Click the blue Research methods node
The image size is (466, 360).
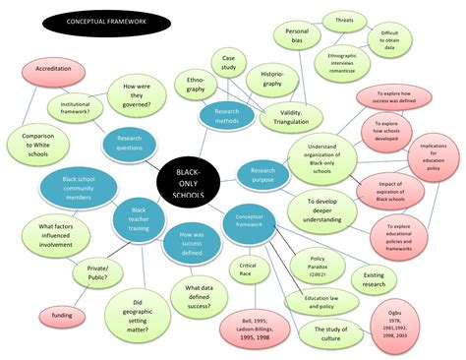pos(228,115)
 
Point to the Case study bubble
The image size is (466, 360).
pos(229,64)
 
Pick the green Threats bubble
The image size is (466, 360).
pos(344,20)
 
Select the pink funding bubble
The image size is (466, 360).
pos(61,315)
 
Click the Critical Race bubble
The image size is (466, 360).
pos(247,270)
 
